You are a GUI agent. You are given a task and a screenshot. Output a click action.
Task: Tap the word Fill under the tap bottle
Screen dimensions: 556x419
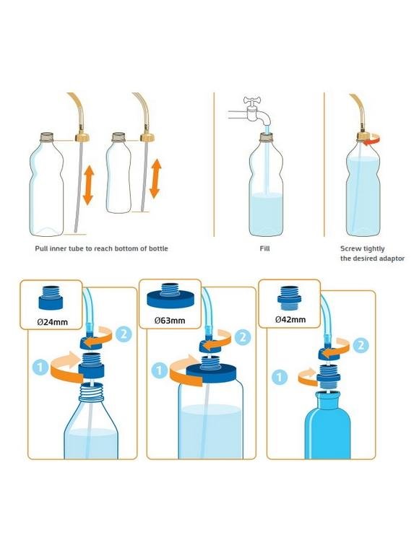click(x=265, y=248)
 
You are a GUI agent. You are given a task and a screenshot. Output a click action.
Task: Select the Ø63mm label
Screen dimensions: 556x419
click(x=169, y=320)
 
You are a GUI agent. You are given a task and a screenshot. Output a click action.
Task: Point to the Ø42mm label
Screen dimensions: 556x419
click(x=290, y=319)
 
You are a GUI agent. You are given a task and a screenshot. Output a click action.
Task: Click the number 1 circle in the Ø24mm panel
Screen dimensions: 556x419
click(x=42, y=367)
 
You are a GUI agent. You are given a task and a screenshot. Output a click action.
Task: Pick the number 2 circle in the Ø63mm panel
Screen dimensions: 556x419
click(x=242, y=336)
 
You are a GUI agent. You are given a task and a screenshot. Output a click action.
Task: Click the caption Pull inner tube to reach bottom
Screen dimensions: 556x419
click(x=101, y=248)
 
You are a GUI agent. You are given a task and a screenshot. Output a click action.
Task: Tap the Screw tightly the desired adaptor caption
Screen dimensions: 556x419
click(x=372, y=253)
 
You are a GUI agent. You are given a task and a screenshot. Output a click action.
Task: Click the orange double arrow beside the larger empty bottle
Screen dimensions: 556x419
click(x=88, y=185)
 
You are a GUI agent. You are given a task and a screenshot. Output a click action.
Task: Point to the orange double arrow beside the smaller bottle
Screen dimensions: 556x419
click(x=155, y=179)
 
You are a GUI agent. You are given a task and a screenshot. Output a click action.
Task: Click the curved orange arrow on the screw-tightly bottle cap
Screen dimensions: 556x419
click(x=371, y=143)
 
